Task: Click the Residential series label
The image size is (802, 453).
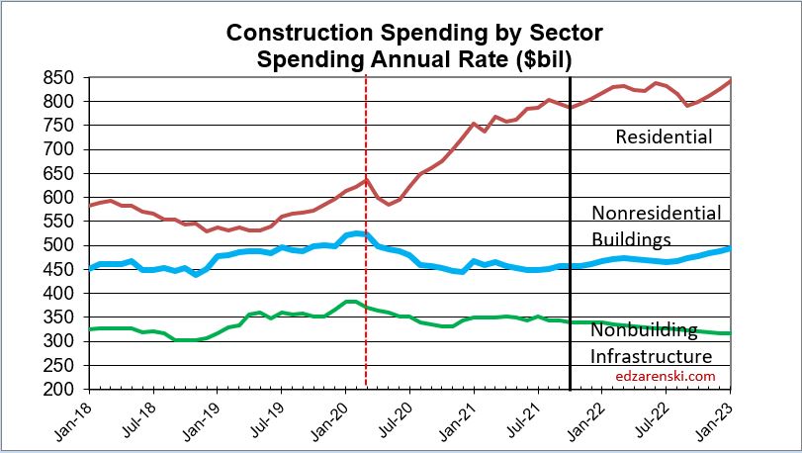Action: click(664, 136)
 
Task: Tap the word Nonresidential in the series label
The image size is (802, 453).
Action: click(657, 213)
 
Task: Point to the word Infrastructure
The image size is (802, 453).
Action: click(651, 355)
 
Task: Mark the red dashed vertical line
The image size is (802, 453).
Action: click(366, 297)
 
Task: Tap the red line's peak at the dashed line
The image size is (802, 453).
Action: click(366, 179)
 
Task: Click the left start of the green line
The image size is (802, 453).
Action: click(90, 329)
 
